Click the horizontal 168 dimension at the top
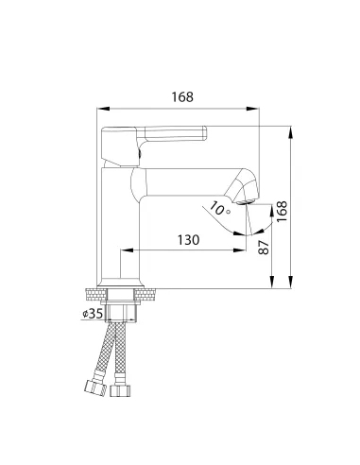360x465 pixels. tap(182, 96)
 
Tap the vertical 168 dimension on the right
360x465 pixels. tap(282, 212)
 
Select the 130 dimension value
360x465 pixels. tap(188, 240)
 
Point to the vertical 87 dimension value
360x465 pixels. tap(264, 248)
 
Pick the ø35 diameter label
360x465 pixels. tap(93, 314)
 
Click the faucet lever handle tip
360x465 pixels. tap(205, 133)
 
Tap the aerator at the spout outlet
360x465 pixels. tap(246, 202)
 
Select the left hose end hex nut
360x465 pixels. tap(94, 387)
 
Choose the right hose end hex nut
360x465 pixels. tap(120, 390)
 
